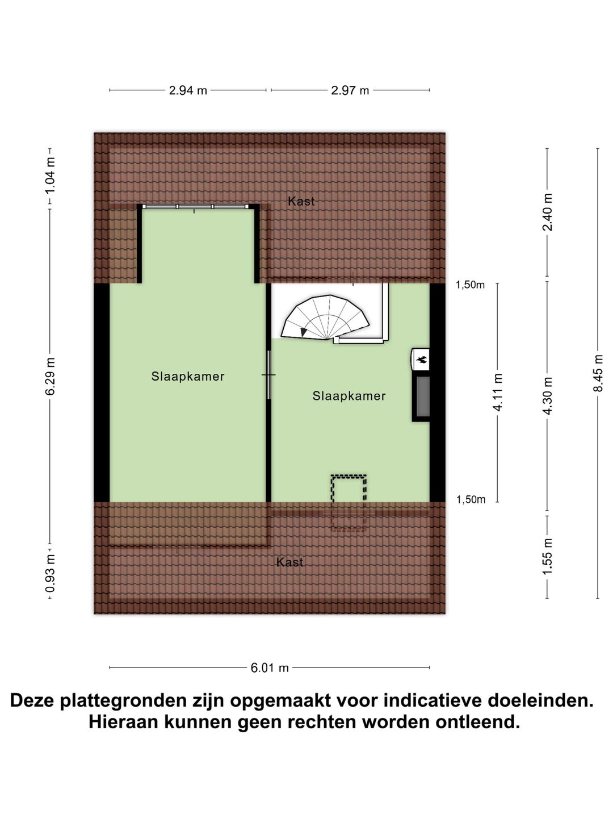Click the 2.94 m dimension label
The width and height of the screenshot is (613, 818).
[x=188, y=90]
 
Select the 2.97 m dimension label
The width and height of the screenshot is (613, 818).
[x=350, y=90]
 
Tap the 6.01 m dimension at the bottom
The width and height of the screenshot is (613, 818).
[x=270, y=668]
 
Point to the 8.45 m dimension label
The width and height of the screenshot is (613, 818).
[x=598, y=373]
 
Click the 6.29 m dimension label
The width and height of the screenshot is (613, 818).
[x=50, y=377]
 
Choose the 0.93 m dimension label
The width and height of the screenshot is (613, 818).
[x=50, y=573]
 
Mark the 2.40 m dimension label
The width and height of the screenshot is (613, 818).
[x=547, y=212]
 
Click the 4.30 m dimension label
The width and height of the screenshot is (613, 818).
[x=547, y=396]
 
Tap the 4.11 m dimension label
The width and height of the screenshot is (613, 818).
[x=498, y=393]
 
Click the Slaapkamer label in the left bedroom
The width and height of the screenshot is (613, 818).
[x=188, y=377]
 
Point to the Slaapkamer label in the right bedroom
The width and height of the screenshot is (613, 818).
[x=349, y=397]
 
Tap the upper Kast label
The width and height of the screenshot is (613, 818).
[x=301, y=201]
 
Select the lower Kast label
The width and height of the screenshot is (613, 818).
[x=289, y=562]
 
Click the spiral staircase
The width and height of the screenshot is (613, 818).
[x=327, y=318]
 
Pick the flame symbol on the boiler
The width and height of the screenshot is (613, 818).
[x=422, y=359]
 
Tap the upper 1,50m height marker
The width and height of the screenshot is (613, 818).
[x=471, y=285]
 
